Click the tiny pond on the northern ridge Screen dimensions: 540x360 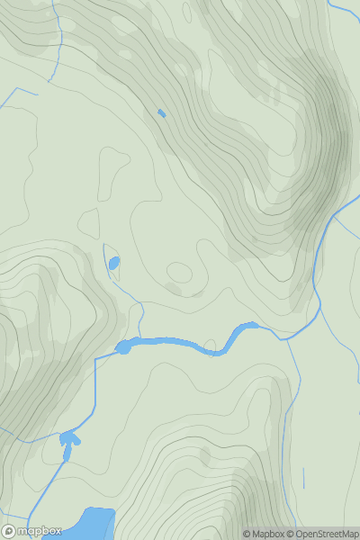click(161, 113)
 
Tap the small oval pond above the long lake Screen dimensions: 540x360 click(113, 264)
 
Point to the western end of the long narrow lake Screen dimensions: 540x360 click(119, 347)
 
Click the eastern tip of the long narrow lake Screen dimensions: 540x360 click(256, 325)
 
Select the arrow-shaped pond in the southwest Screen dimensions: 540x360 click(68, 440)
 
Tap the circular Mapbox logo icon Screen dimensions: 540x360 click(8, 531)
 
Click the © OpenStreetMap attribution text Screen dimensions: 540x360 click(324, 534)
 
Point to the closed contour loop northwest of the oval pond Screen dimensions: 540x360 click(89, 221)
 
